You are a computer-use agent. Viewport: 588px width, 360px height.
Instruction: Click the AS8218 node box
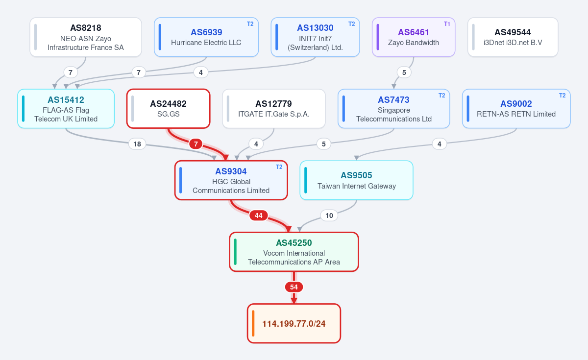(86, 37)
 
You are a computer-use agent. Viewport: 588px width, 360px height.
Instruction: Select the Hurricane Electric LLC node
(206, 37)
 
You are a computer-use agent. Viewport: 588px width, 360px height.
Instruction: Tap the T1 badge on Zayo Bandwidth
(447, 24)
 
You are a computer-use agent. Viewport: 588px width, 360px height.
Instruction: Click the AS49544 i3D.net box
(513, 37)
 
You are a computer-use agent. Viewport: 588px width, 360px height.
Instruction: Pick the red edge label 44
(259, 216)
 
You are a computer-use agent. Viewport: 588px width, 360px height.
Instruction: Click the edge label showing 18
(137, 144)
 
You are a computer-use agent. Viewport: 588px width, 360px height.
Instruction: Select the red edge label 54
(294, 287)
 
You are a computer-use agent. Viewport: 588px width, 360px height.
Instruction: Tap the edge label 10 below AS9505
(329, 216)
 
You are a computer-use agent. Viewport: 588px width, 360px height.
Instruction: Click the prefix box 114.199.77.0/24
(294, 323)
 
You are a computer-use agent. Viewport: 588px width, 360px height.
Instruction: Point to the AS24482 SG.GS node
(168, 109)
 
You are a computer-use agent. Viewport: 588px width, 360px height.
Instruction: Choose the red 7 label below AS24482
(196, 144)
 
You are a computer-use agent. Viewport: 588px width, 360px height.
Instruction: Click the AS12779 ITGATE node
(274, 109)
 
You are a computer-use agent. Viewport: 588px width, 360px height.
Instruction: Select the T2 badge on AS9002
(562, 95)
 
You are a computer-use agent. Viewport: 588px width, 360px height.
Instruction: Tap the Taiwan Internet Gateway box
(356, 180)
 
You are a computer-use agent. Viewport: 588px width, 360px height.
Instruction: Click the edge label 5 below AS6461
(404, 72)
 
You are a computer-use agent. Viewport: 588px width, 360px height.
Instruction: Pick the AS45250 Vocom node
(294, 252)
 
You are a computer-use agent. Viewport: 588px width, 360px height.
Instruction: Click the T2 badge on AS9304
(279, 167)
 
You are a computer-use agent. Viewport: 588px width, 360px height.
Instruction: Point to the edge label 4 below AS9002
(439, 144)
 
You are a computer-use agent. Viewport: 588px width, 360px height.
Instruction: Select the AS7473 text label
(393, 100)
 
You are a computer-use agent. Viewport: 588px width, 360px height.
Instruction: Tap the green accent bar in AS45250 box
(235, 252)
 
